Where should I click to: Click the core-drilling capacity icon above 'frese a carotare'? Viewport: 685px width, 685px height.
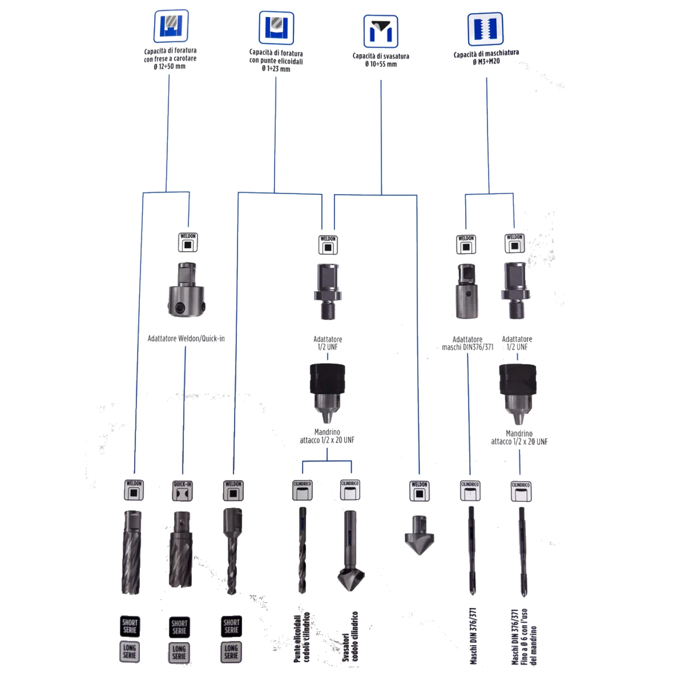pos(171,26)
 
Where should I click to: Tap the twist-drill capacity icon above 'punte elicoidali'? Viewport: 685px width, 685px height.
pos(276,28)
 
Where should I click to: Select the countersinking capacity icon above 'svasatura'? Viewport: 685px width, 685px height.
pos(381,31)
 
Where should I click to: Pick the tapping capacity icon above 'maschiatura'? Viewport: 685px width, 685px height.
pos(485,29)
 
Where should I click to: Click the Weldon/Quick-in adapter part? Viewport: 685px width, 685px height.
pos(186,290)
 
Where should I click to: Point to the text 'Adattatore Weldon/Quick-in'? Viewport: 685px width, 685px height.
pos(186,339)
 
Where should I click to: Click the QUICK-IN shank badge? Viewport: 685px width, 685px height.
pos(183,490)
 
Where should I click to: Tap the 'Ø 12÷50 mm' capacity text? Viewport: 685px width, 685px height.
pos(170,67)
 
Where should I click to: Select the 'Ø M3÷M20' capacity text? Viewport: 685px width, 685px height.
pos(486,61)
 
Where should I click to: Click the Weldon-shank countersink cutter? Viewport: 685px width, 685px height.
pos(419,535)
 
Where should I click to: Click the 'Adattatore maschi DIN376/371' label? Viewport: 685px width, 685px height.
pos(468,343)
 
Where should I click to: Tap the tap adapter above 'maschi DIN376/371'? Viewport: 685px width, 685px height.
pos(466,291)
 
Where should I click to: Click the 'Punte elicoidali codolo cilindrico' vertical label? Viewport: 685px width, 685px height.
pos(302,637)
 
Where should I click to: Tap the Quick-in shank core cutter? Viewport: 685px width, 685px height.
pos(181,549)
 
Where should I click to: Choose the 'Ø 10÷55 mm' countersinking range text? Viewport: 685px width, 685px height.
pos(381,64)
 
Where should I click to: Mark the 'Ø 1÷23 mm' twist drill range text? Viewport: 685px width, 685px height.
pos(276,69)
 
